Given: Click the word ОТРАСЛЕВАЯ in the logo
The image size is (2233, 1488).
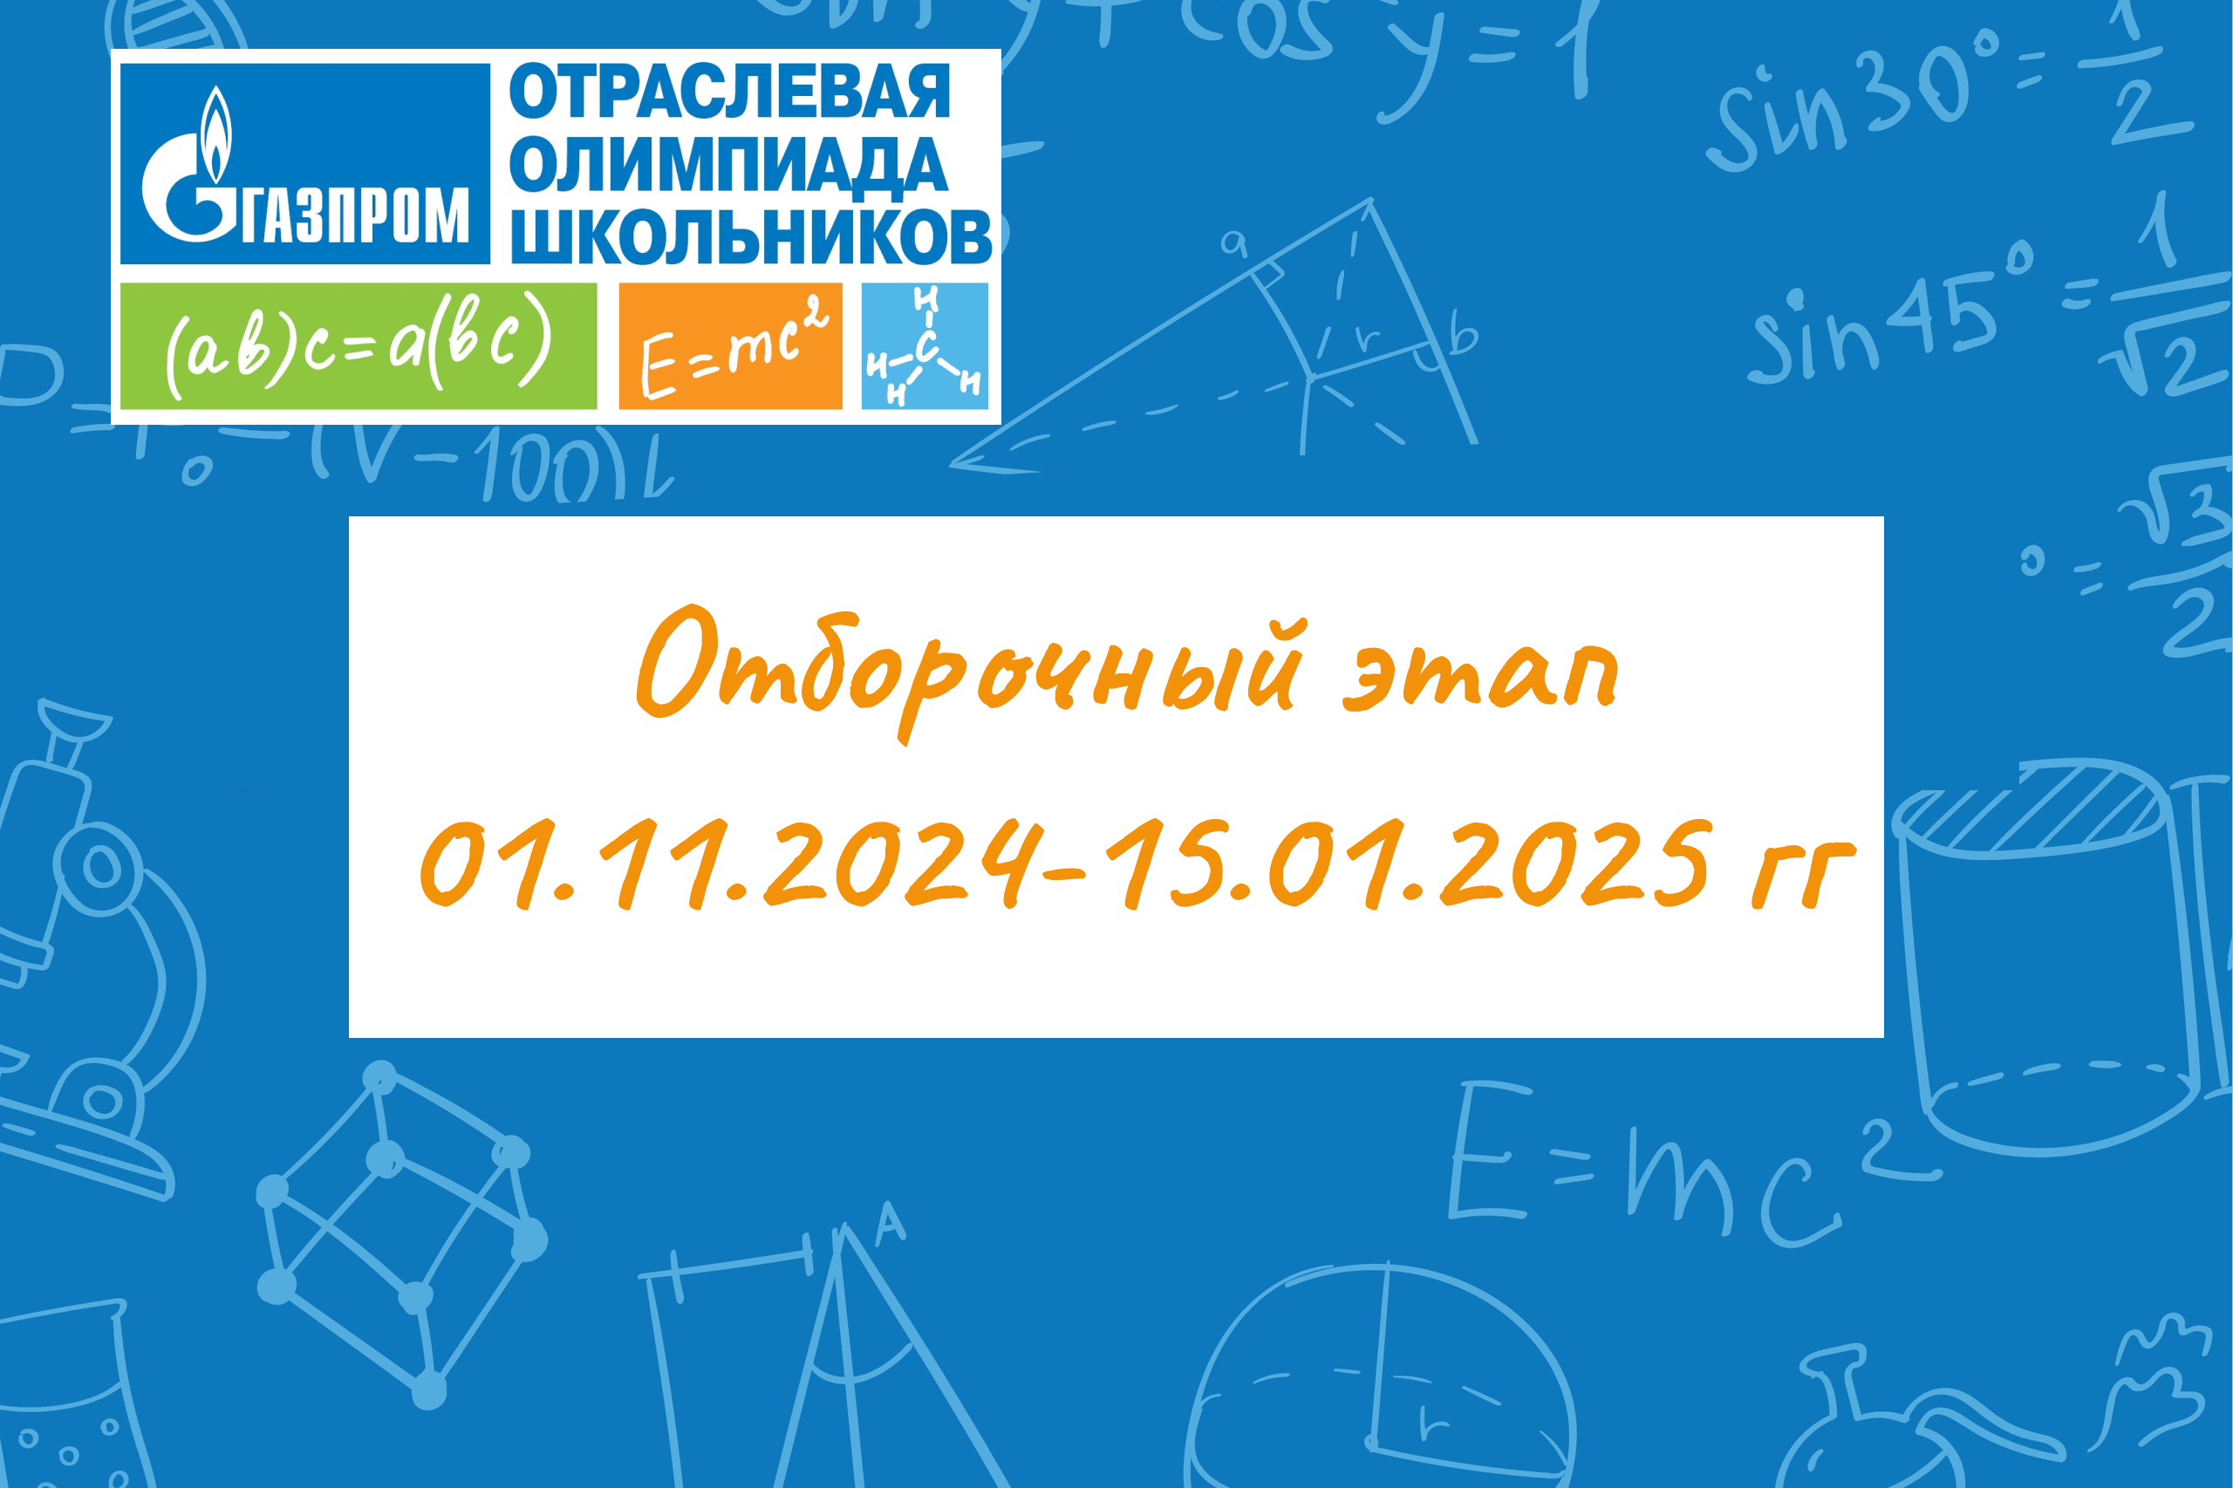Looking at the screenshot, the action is tap(729, 92).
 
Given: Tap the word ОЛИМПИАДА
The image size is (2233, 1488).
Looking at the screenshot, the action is tap(727, 165).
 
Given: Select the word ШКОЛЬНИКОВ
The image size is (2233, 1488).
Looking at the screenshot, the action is tap(752, 235).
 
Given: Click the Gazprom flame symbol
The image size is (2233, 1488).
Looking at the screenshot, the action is tap(217, 133).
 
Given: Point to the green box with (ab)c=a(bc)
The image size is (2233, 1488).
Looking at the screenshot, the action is tap(358, 345).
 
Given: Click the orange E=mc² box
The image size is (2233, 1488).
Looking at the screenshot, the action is tap(730, 345).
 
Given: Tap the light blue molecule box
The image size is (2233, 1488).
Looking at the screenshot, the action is tap(925, 345).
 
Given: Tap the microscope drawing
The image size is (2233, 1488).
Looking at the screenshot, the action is tap(95, 949).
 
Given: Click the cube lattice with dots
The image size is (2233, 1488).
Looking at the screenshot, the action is tap(401, 1233).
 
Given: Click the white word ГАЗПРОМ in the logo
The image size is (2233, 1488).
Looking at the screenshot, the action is tap(355, 215).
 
